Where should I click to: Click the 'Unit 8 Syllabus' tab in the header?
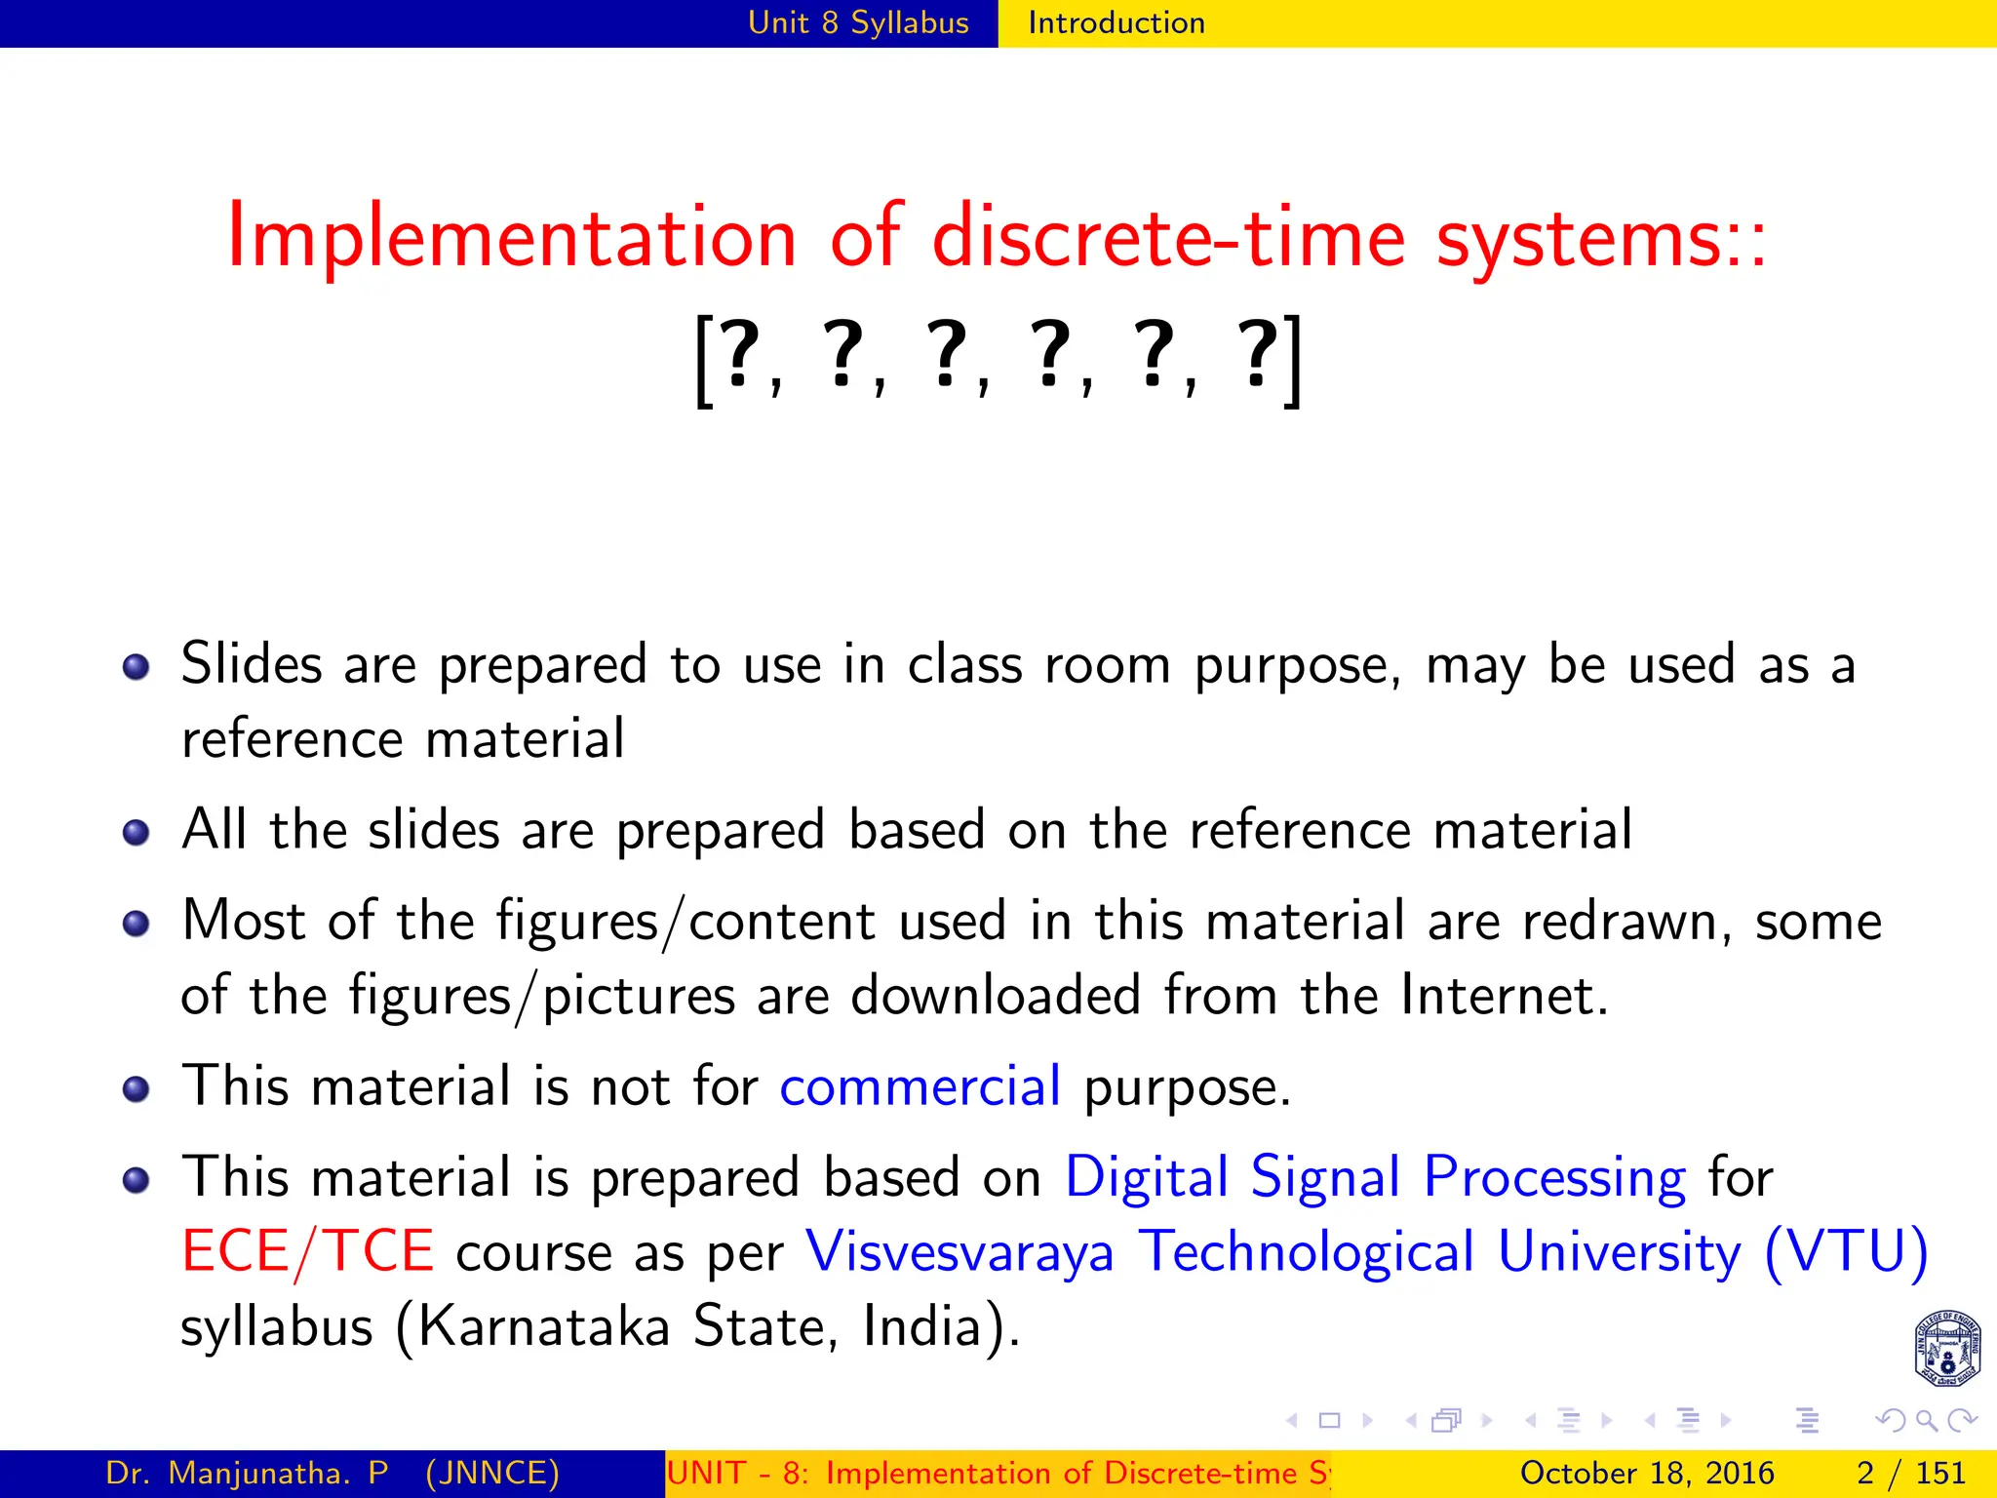coord(858,22)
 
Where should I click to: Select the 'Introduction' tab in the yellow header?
coord(1116,22)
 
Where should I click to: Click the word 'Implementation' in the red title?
coord(512,237)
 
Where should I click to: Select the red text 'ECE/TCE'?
coord(307,1251)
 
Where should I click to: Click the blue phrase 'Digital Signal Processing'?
coord(1375,1177)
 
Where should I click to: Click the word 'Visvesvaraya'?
coord(959,1251)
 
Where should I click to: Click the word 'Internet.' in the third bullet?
coord(1505,996)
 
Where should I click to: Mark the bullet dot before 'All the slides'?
coord(137,833)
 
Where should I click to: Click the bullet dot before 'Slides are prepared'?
coord(137,667)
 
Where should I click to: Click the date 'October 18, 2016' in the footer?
coord(1647,1473)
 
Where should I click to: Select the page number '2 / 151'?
coord(1910,1473)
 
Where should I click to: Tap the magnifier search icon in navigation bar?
coord(1926,1421)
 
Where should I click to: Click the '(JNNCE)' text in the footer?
coord(492,1473)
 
